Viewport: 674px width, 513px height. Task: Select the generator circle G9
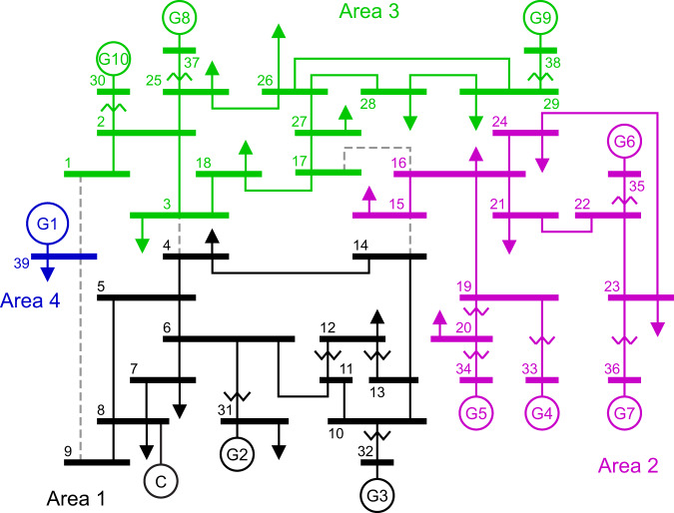pyautogui.click(x=540, y=17)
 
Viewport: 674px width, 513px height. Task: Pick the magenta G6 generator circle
pyautogui.click(x=624, y=142)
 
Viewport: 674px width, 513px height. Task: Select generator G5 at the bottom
pyautogui.click(x=477, y=411)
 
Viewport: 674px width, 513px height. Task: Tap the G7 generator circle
pyautogui.click(x=624, y=411)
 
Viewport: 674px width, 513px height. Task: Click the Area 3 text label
pyautogui.click(x=367, y=11)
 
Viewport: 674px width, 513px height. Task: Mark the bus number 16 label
pyautogui.click(x=399, y=162)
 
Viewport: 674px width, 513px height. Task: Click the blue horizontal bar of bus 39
pyautogui.click(x=64, y=256)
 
